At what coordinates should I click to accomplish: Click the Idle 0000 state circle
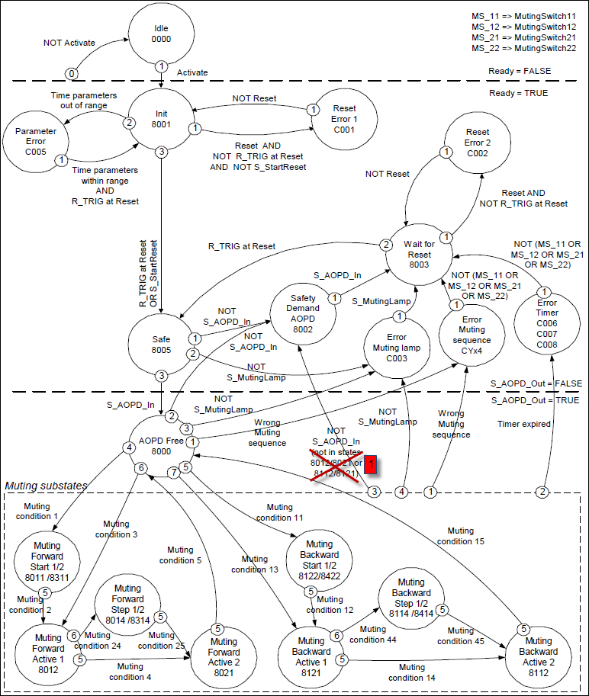pos(161,35)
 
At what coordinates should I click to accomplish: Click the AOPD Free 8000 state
pos(161,435)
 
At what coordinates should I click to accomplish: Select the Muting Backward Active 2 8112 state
pos(539,651)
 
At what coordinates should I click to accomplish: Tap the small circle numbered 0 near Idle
pos(72,73)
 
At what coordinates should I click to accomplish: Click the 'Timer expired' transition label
pos(523,423)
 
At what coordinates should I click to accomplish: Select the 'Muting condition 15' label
pos(460,536)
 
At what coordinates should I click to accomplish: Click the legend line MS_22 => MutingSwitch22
pos(523,48)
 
